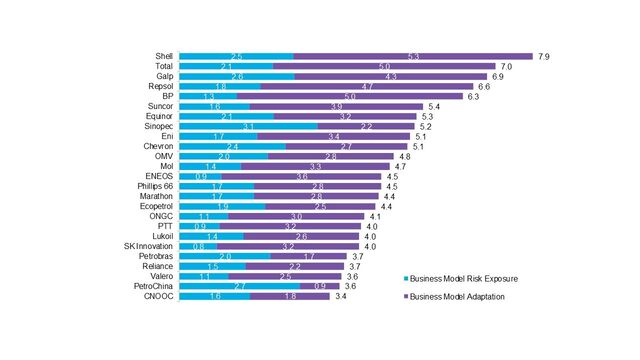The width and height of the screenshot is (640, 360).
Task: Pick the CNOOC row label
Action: pos(160,297)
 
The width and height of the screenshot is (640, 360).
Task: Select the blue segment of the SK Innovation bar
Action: pos(205,246)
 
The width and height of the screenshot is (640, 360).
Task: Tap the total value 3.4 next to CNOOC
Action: pos(341,297)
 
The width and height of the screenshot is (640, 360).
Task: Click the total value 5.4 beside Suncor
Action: pos(434,106)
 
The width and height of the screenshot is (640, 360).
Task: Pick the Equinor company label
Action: pos(160,116)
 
